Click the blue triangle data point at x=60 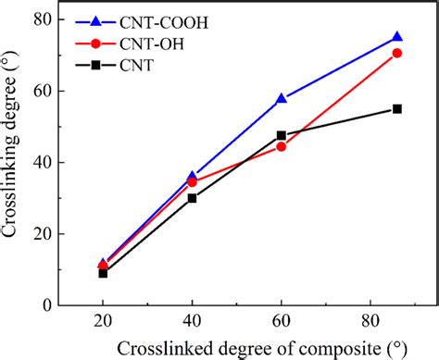coord(281,98)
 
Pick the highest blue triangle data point coord(396,37)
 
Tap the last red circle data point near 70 coord(396,53)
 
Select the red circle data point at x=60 coord(281,146)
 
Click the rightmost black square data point coord(396,108)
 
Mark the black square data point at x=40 coord(192,198)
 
